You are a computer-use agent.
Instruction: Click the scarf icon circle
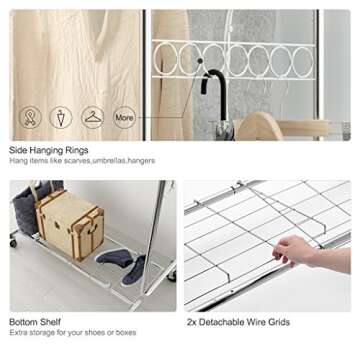click(30, 117)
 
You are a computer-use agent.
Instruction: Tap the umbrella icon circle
click(61, 117)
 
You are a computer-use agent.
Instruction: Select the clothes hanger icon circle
click(92, 117)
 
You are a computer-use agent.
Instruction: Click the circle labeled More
click(124, 117)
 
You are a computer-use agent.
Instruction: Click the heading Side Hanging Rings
click(49, 150)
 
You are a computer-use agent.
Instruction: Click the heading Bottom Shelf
click(35, 322)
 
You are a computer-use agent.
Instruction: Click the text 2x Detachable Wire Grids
click(238, 322)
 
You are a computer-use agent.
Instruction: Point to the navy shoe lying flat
click(115, 257)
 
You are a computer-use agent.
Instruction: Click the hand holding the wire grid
click(293, 251)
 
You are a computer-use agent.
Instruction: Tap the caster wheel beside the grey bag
click(13, 242)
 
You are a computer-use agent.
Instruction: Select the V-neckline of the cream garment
click(105, 37)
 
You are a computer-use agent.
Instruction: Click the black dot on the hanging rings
click(200, 61)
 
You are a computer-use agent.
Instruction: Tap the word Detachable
click(220, 322)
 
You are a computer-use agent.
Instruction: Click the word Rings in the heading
click(78, 151)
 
